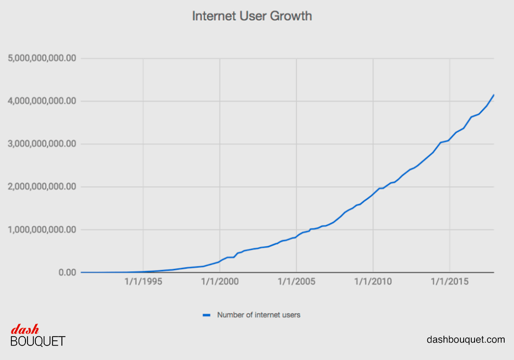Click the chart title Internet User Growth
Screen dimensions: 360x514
[252, 16]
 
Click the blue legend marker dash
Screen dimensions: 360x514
[206, 315]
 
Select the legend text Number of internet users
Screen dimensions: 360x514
[258, 315]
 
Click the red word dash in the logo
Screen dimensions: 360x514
[25, 329]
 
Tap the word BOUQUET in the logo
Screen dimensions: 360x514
[38, 341]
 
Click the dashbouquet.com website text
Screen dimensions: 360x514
[466, 340]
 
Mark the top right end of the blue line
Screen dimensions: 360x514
[494, 95]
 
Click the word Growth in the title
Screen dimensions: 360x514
[291, 16]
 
